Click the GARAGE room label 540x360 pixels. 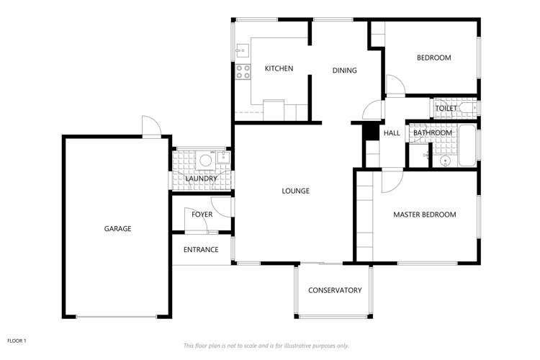[117, 229]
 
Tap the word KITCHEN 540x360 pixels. [279, 69]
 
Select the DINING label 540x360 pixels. [345, 71]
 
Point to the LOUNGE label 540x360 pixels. [295, 192]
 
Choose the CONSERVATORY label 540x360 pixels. [335, 291]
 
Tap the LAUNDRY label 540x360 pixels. [201, 179]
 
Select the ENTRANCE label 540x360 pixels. [201, 250]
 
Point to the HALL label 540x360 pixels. [392, 133]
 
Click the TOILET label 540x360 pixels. [446, 108]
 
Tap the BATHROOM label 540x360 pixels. [432, 133]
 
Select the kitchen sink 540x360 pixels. [243, 51]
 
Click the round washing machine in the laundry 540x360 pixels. [205, 161]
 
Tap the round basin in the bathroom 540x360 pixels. [445, 161]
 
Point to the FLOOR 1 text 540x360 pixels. [17, 340]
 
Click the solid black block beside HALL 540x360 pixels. [369, 132]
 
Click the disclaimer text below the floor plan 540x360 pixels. [266, 346]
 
